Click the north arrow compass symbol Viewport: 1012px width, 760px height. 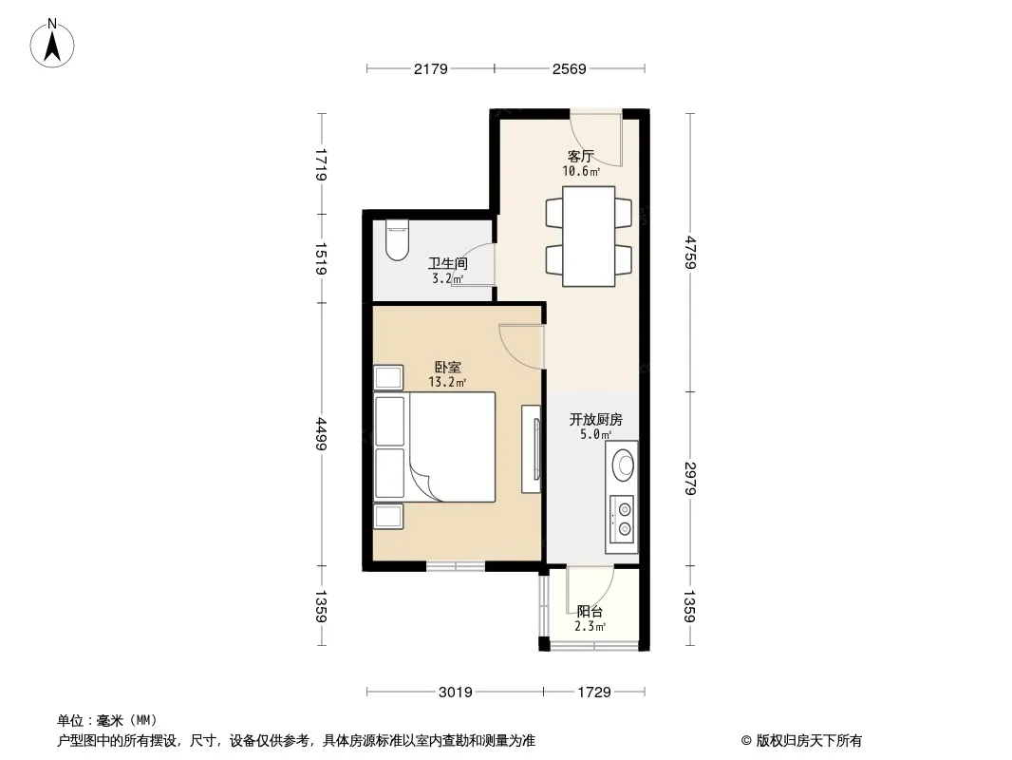(x=52, y=45)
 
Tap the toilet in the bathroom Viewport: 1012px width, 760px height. (x=397, y=239)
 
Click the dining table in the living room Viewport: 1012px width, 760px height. (x=589, y=237)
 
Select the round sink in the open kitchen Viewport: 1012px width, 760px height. (x=624, y=463)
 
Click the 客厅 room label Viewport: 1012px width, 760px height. (x=580, y=156)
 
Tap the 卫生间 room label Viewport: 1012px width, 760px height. (x=448, y=263)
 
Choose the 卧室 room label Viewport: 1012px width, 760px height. (x=448, y=367)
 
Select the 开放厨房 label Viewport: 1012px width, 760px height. (x=595, y=419)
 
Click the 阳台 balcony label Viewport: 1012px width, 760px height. (x=590, y=611)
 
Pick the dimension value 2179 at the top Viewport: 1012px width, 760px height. (x=430, y=68)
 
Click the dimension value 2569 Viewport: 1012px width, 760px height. (x=570, y=68)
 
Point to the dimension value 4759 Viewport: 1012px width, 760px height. (x=690, y=253)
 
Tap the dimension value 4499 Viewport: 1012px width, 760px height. (x=321, y=434)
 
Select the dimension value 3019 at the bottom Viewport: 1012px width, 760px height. (x=456, y=693)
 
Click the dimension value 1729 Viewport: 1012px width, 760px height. (x=594, y=693)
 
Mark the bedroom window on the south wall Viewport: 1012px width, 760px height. (x=456, y=566)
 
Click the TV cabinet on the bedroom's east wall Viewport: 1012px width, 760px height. (x=532, y=448)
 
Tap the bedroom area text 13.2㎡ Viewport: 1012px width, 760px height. (x=447, y=382)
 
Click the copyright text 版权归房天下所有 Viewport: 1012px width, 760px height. (x=808, y=741)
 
